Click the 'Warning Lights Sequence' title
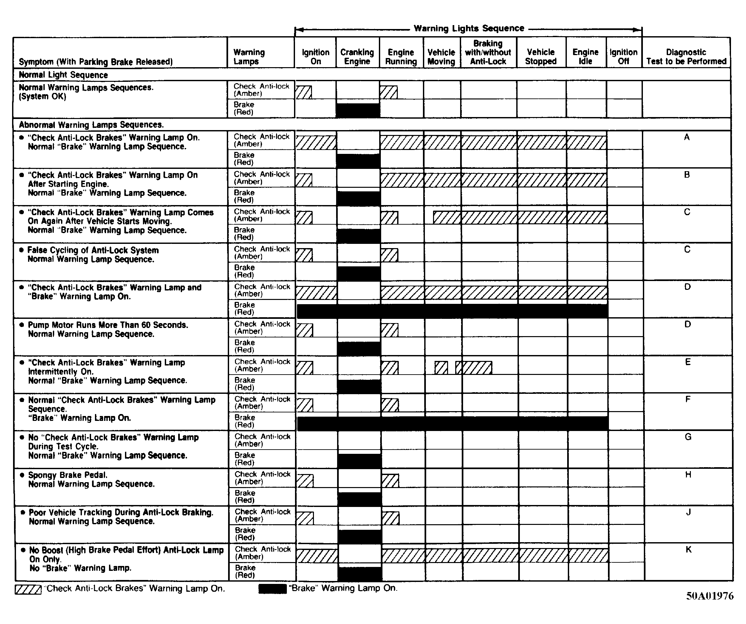[469, 28]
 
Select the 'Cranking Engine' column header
[357, 57]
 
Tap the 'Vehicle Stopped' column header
[541, 57]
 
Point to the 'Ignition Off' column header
[623, 57]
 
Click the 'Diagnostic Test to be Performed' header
[686, 57]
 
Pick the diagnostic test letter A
[687, 137]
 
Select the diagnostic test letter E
[688, 362]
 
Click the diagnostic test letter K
[689, 550]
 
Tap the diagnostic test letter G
[688, 437]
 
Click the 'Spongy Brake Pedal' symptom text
[68, 475]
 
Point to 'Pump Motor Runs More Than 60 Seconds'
[108, 325]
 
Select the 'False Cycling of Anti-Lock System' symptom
[93, 250]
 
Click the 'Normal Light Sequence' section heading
[63, 75]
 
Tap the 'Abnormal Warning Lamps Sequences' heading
[91, 125]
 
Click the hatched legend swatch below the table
[28, 589]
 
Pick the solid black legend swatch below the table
[272, 589]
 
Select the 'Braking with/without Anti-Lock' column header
[488, 52]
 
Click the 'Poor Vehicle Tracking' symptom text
[121, 513]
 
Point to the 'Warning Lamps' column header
[249, 57]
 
